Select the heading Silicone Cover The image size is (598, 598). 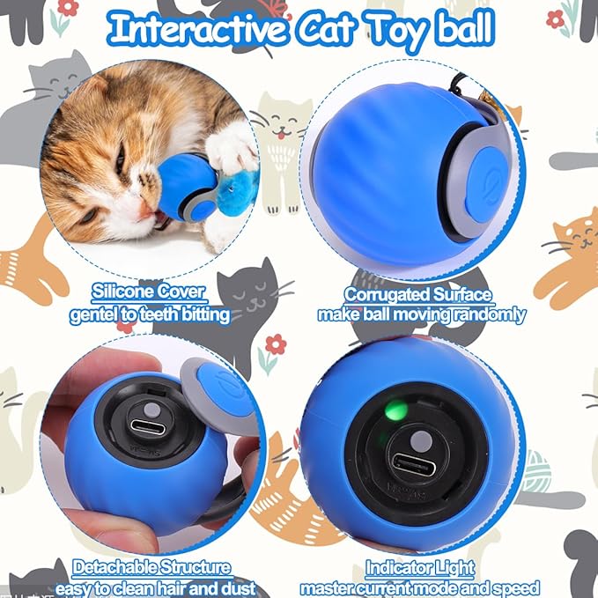(x=149, y=292)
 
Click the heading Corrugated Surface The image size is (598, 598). (x=418, y=294)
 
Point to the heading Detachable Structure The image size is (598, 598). (x=152, y=568)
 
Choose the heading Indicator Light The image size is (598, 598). (x=420, y=568)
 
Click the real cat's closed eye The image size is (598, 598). (x=119, y=159)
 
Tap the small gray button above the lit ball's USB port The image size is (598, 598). (x=423, y=438)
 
